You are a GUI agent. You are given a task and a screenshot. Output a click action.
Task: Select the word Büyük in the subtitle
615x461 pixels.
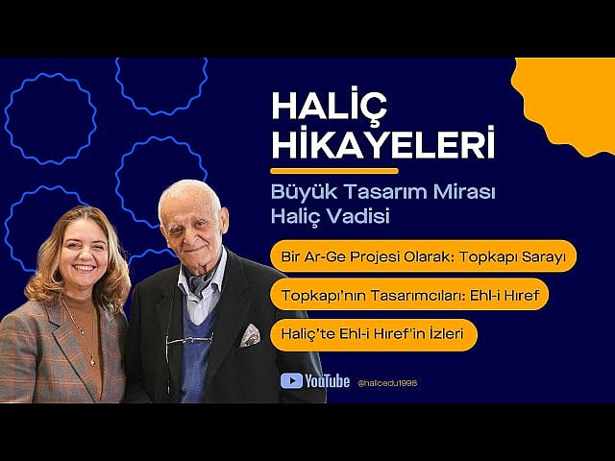point(299,192)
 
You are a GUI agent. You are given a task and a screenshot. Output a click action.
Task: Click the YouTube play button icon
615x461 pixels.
point(291,380)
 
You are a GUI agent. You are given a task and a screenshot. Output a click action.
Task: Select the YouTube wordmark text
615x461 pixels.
point(327,380)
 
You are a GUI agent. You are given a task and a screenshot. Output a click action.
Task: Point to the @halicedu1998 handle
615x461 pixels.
point(386,382)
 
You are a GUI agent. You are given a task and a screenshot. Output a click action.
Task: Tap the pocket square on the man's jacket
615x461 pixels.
point(250,333)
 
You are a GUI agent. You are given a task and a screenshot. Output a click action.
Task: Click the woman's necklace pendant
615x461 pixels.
point(93,360)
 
